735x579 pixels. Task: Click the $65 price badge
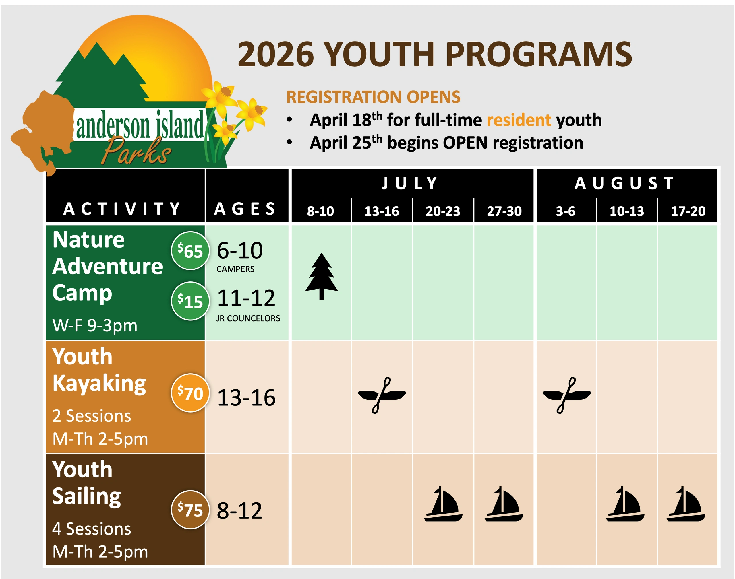[x=190, y=250]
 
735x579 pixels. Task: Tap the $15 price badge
[x=190, y=301]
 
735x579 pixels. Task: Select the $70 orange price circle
[x=190, y=393]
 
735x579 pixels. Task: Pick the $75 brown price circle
[x=190, y=510]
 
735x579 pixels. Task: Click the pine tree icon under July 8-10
[x=322, y=276]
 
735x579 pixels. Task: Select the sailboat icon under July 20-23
[x=443, y=504]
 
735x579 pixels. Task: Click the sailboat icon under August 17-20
[x=686, y=504]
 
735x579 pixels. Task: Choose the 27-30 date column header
[x=504, y=211]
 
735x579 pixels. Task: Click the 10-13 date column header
[x=626, y=211]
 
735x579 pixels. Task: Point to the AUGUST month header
[x=624, y=183]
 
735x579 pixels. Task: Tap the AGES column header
[x=245, y=209]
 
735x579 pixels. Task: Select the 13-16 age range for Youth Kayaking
[x=246, y=397]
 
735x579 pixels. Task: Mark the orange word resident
[x=519, y=120]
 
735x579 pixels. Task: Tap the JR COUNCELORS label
[x=248, y=318]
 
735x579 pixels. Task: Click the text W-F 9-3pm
[x=95, y=325]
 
